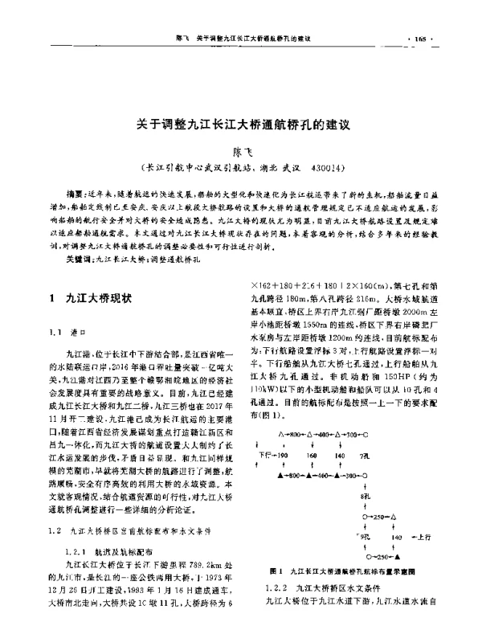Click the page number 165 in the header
coord(443,39)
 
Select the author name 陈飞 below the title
coord(241,153)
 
